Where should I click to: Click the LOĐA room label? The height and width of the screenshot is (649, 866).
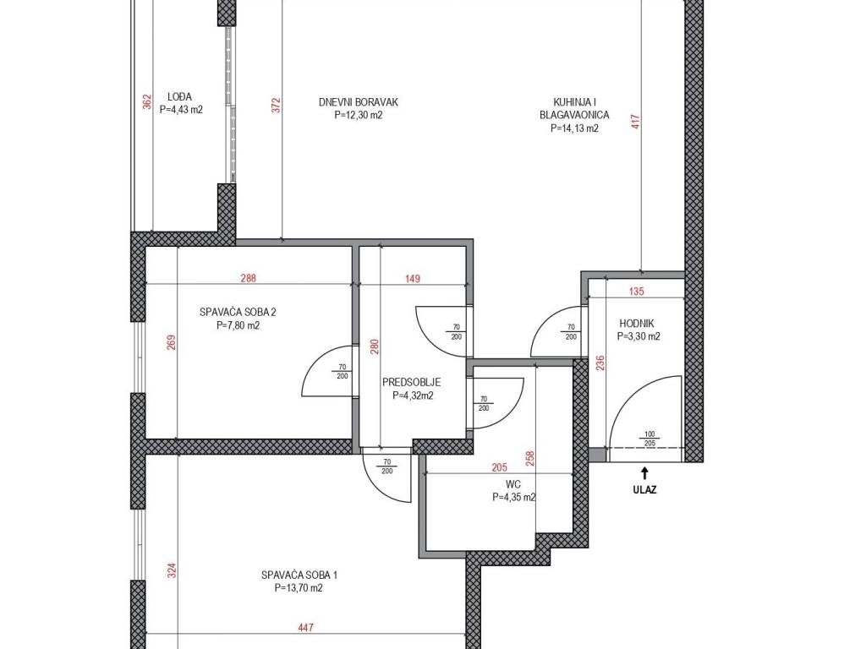[x=179, y=97]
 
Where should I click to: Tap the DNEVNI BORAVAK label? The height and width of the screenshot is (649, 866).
[x=359, y=102]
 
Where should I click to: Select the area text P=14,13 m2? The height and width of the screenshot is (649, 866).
[x=574, y=128]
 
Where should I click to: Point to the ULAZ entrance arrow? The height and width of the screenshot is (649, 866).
[x=644, y=473]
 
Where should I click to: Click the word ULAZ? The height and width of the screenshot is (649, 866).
[x=644, y=489]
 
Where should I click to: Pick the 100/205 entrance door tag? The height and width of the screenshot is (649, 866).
[x=649, y=439]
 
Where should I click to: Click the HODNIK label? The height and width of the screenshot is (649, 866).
[x=636, y=324]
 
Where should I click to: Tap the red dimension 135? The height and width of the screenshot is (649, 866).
[x=637, y=292]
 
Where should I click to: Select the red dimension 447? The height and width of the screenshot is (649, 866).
[x=305, y=628]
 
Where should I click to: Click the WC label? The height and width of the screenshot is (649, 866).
[x=513, y=484]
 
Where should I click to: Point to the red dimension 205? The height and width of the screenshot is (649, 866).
[x=499, y=468]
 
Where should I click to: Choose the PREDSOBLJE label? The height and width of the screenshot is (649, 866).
[x=412, y=382]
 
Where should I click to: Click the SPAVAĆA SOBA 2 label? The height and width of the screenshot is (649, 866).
[x=238, y=313]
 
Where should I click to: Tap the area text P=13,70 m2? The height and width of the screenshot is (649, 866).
[x=299, y=588]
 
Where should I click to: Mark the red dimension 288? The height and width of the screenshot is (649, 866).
[x=249, y=278]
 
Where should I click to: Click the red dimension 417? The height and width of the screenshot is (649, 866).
[x=635, y=122]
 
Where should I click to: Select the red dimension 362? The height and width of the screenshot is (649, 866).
[x=147, y=102]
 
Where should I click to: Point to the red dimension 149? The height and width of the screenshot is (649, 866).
[x=413, y=279]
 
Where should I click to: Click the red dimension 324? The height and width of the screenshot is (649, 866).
[x=171, y=570]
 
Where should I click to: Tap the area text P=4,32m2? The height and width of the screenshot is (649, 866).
[x=413, y=395]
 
